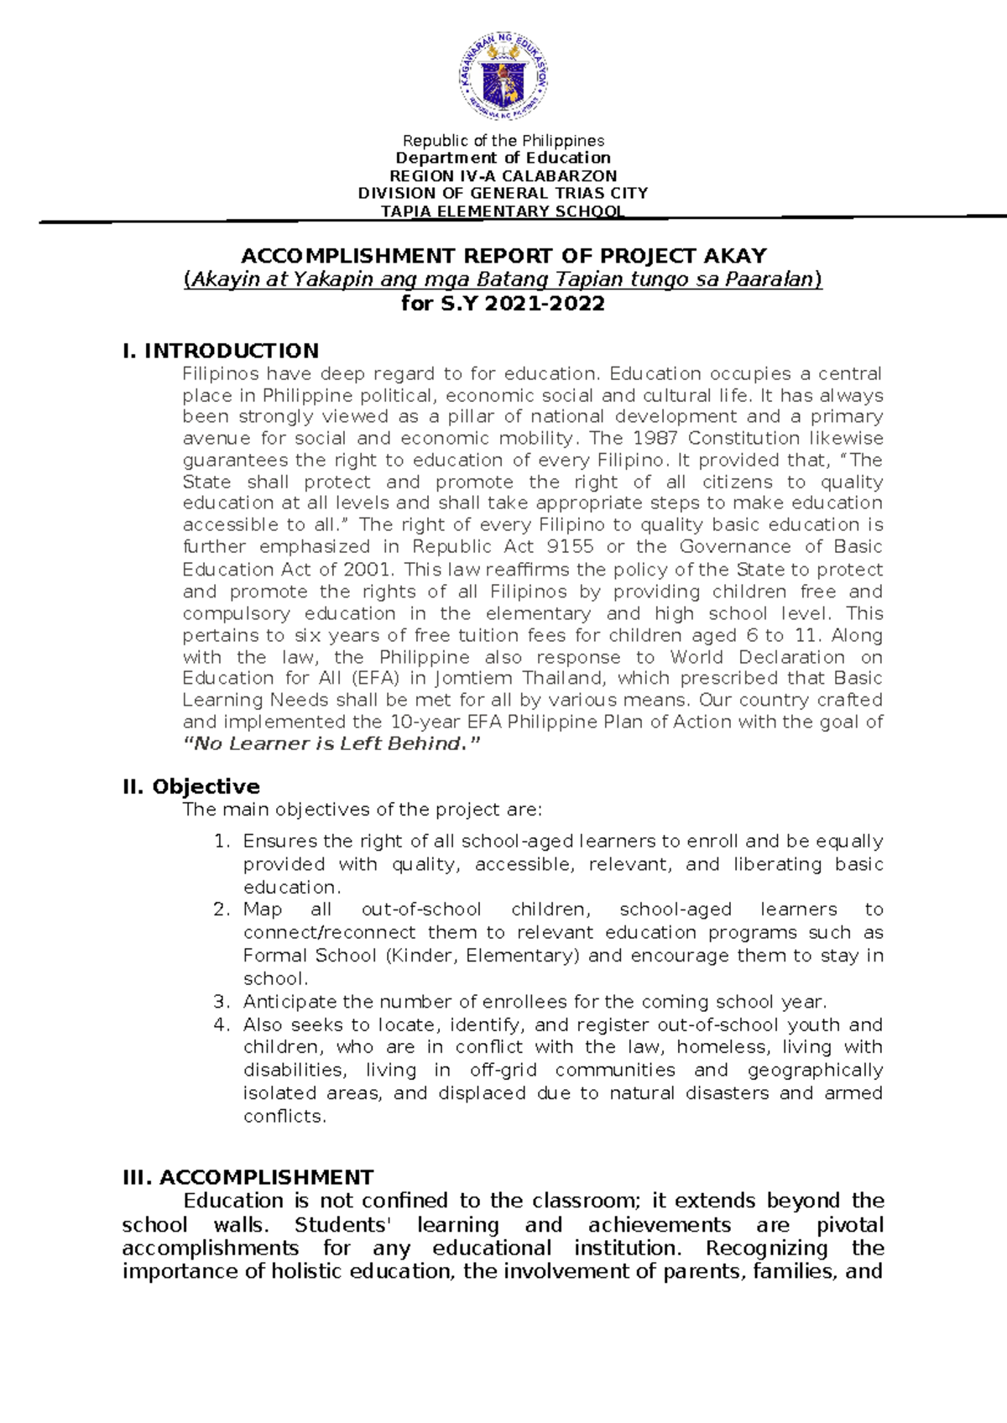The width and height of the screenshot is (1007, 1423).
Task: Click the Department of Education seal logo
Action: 503,77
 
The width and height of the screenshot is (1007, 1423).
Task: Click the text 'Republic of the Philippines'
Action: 503,141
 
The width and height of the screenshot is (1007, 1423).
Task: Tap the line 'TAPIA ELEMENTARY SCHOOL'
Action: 503,211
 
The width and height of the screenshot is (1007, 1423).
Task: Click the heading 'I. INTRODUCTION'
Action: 221,351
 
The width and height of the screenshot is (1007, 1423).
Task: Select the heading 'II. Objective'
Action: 191,786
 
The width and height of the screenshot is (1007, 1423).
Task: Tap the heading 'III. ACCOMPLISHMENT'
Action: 248,1177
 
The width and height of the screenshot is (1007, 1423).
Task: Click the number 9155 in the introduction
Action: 570,547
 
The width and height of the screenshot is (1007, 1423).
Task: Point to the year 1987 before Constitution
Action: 655,438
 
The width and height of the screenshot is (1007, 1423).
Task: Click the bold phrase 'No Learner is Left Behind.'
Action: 332,744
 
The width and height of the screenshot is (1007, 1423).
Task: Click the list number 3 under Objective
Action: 221,1002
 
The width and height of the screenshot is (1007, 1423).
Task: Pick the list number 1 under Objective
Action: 221,842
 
